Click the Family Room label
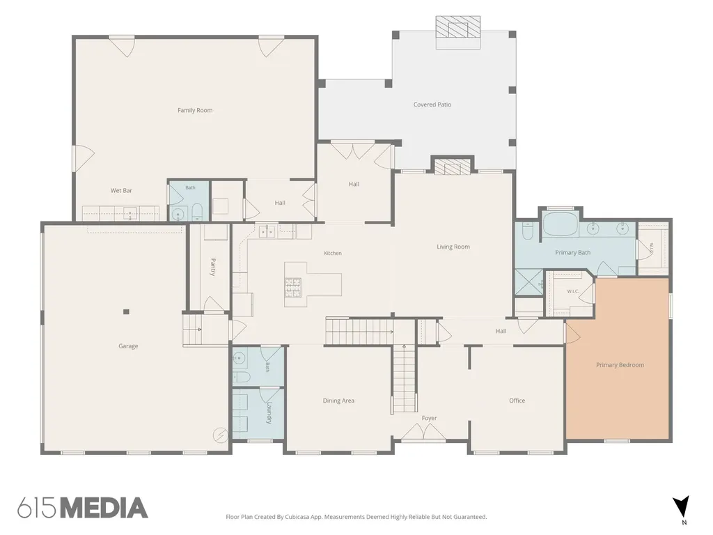(x=195, y=110)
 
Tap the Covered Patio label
(x=432, y=104)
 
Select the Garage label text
(x=128, y=346)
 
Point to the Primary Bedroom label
(x=620, y=365)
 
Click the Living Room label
(x=453, y=247)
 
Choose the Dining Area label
(x=338, y=401)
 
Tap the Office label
(x=517, y=401)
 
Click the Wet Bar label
(x=121, y=191)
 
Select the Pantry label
(x=213, y=267)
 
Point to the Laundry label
(x=269, y=412)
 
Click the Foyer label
(x=429, y=418)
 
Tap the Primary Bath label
(x=572, y=252)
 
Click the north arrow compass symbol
(x=681, y=507)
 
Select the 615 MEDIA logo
(x=83, y=508)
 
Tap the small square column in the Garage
(x=126, y=311)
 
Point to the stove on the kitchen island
(x=293, y=287)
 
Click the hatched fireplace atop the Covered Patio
(x=458, y=27)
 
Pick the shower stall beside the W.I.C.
(x=529, y=283)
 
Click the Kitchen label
(x=332, y=253)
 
